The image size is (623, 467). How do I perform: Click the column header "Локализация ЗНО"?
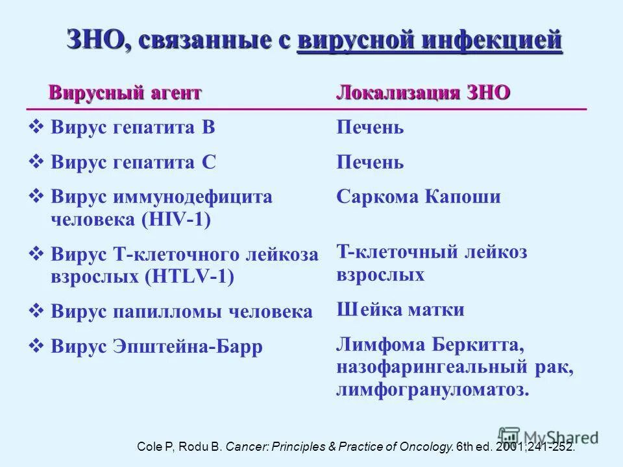pyautogui.click(x=423, y=93)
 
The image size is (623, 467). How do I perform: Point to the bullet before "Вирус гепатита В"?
pyautogui.click(x=37, y=127)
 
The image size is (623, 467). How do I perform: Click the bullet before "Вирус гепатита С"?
pyautogui.click(x=37, y=162)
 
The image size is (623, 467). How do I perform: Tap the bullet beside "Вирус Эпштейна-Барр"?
pyautogui.click(x=37, y=346)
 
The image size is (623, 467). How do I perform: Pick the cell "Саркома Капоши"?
pyautogui.click(x=419, y=197)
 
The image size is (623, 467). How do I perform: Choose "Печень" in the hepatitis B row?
pyautogui.click(x=370, y=127)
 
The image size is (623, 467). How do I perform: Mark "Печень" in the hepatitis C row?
pyautogui.click(x=370, y=162)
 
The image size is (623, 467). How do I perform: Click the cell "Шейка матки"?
pyautogui.click(x=400, y=309)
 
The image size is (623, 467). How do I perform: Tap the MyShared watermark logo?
pyautogui.click(x=548, y=436)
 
